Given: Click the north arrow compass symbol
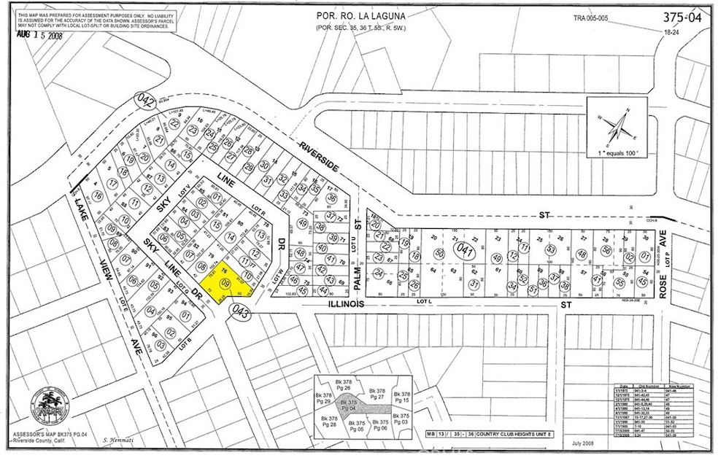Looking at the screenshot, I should [x=618, y=128].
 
